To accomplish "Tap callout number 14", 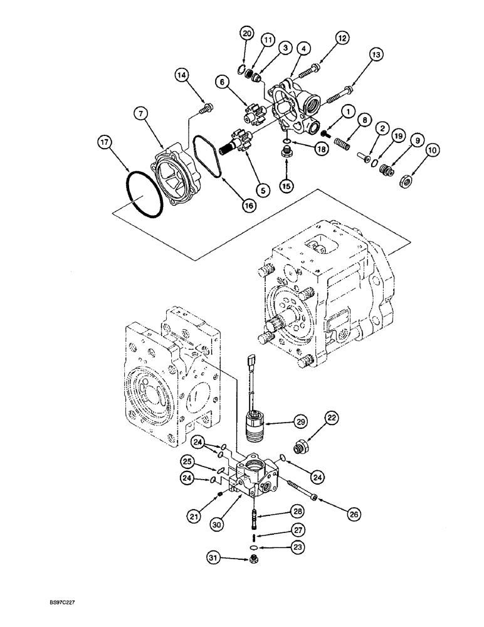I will [x=181, y=75].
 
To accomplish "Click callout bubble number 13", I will [x=375, y=55].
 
